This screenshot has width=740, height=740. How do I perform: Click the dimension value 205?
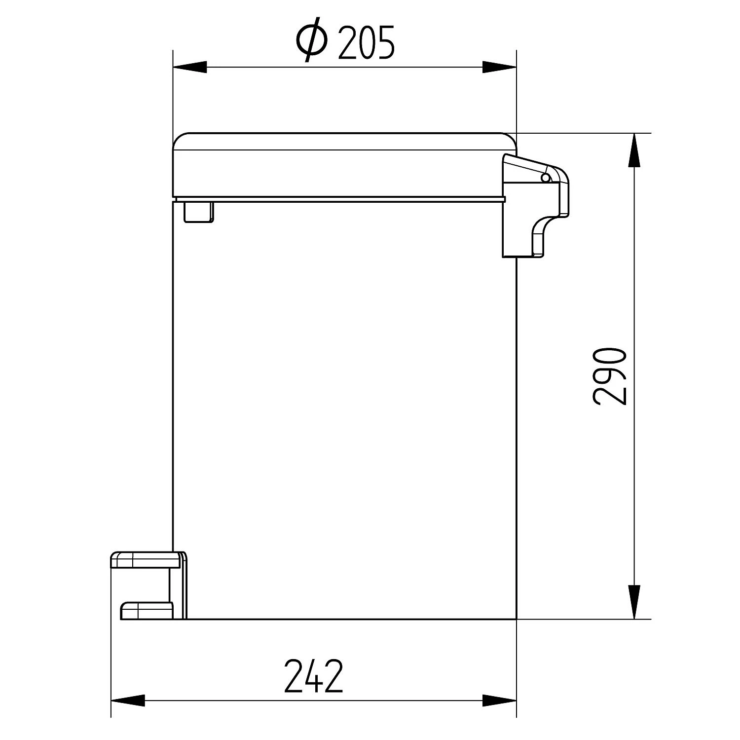[367, 42]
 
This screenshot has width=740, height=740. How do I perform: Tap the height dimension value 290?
[610, 376]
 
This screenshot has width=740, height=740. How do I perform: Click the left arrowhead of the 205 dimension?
[189, 67]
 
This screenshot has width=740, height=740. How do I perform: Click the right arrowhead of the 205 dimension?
[499, 67]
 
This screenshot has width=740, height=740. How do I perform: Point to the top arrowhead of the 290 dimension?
[634, 150]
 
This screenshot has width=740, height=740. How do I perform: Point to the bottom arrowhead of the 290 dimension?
[634, 602]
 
